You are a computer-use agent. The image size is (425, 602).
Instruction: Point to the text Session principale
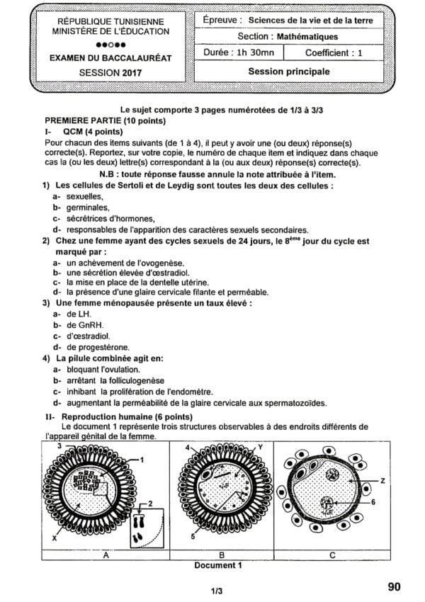click(x=288, y=72)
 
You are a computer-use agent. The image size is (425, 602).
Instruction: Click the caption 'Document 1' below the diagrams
click(x=218, y=565)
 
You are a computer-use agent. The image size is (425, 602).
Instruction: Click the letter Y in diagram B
click(x=260, y=447)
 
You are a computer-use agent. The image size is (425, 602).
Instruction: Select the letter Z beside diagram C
click(x=382, y=481)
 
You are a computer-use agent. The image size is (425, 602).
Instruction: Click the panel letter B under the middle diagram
click(x=221, y=556)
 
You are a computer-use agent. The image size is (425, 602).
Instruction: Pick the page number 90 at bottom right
click(x=395, y=586)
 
